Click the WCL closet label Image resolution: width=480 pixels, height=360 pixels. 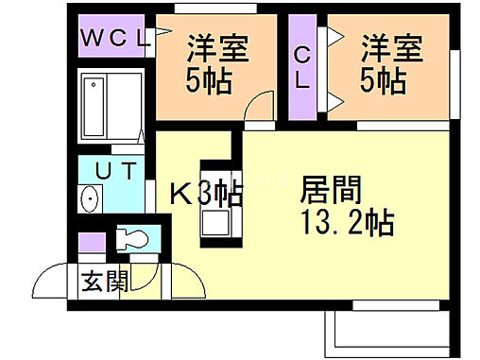[x=113, y=39]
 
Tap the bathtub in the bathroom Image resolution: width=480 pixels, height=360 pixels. [x=111, y=105]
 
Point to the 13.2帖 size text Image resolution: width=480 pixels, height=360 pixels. [x=348, y=225]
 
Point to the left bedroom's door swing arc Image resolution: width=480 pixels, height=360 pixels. [x=255, y=107]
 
